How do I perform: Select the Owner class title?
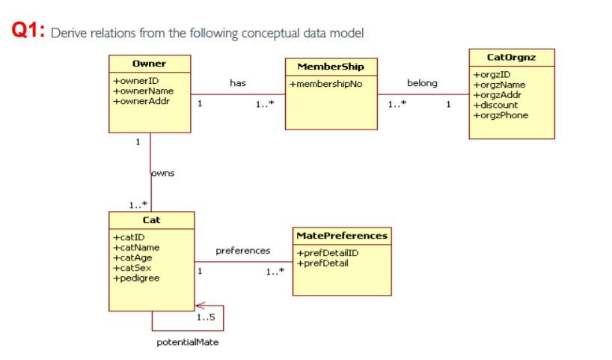pyautogui.click(x=149, y=64)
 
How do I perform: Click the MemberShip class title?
pyautogui.click(x=331, y=67)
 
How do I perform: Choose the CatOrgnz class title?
pyautogui.click(x=511, y=57)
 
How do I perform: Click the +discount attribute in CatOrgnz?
pyautogui.click(x=495, y=106)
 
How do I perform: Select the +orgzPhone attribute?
pyautogui.click(x=501, y=115)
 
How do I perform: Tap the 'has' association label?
pyautogui.click(x=238, y=83)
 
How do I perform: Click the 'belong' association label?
pyautogui.click(x=422, y=83)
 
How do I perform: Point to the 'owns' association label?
pyautogui.click(x=163, y=174)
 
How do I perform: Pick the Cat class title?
pyautogui.click(x=151, y=220)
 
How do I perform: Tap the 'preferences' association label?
pyautogui.click(x=242, y=250)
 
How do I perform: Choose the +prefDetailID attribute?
pyautogui.click(x=328, y=252)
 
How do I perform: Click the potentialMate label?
pyautogui.click(x=188, y=342)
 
